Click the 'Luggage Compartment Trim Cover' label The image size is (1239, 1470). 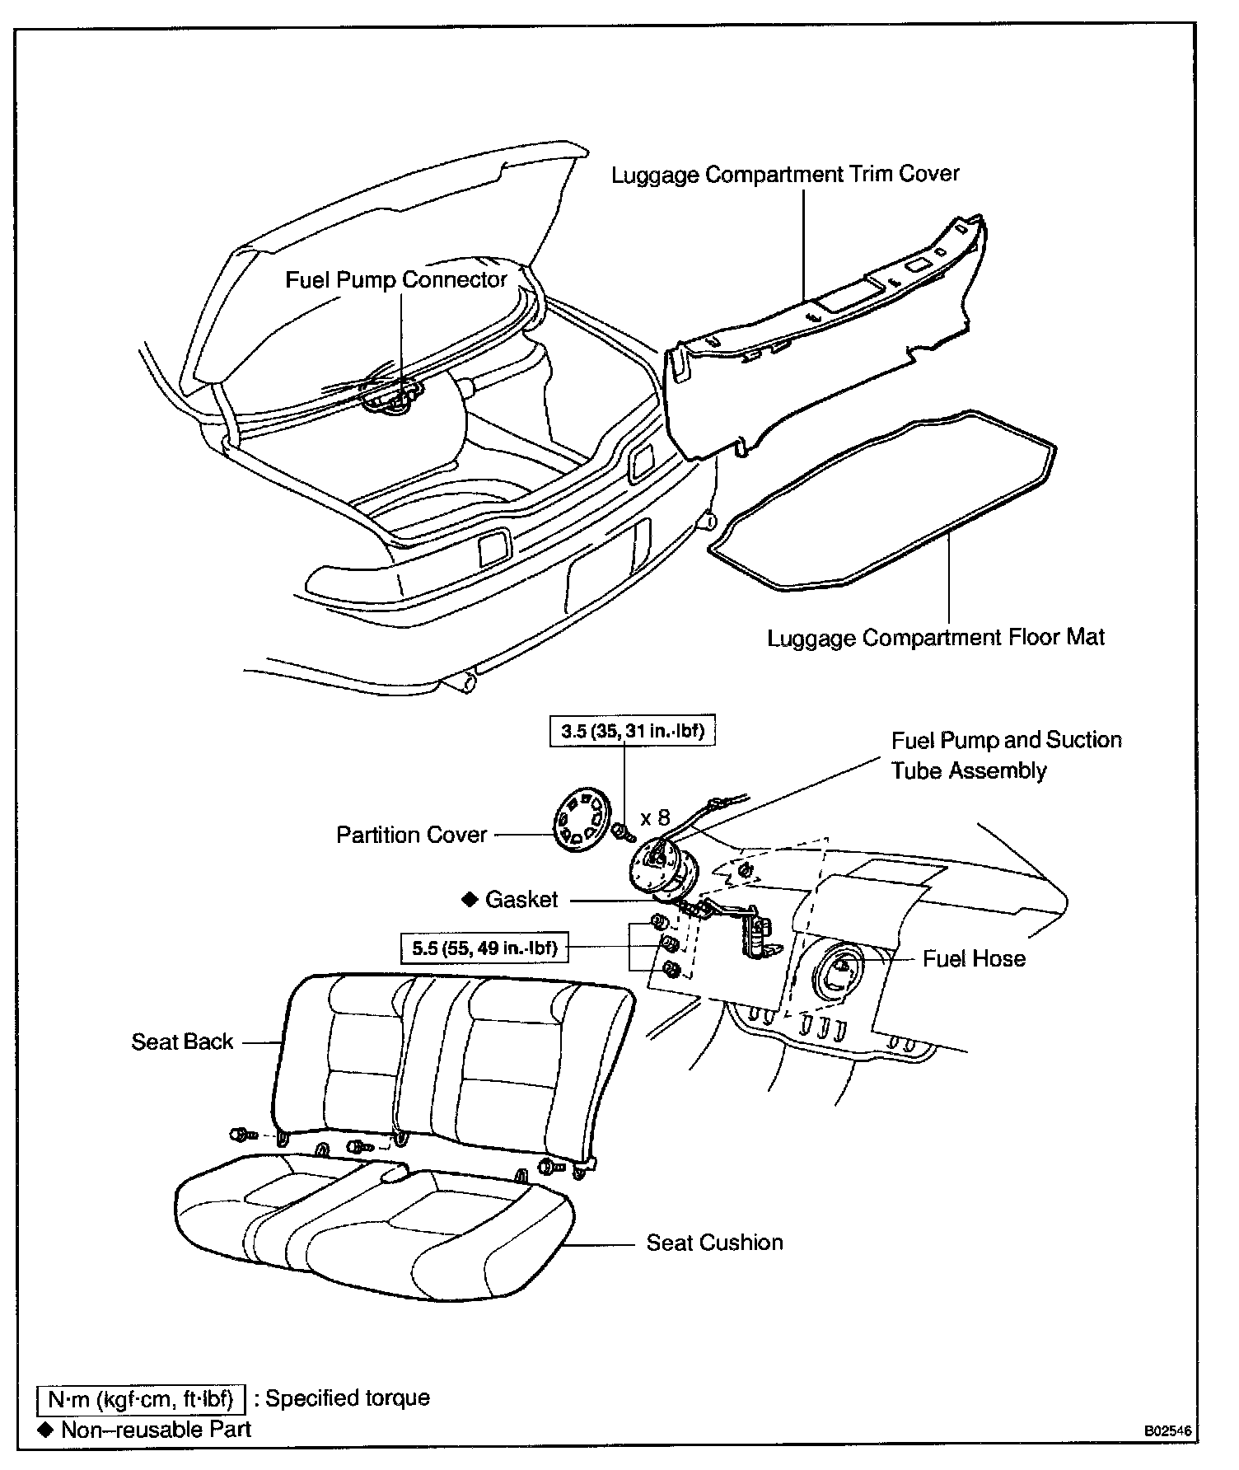(x=785, y=175)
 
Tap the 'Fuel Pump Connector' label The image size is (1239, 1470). (x=395, y=280)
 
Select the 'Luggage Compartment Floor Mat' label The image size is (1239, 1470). (x=936, y=638)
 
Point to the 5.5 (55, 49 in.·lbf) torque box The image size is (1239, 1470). (x=484, y=948)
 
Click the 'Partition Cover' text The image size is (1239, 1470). (x=411, y=835)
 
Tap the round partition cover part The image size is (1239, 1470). (x=580, y=819)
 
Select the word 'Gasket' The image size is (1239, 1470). (x=521, y=899)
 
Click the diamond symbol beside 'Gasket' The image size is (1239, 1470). (x=470, y=899)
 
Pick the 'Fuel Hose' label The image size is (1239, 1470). (x=974, y=958)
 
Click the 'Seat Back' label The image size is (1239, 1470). (x=182, y=1042)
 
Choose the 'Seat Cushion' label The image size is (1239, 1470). (x=714, y=1243)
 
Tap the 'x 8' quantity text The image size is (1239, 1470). (x=655, y=817)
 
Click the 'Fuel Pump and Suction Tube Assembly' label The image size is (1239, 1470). (x=1005, y=755)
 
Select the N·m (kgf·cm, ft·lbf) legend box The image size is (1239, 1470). (x=142, y=1398)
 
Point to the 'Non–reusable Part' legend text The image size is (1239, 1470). (x=156, y=1430)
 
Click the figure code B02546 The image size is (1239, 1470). (x=1167, y=1432)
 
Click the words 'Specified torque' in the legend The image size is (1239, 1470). (x=348, y=1398)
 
